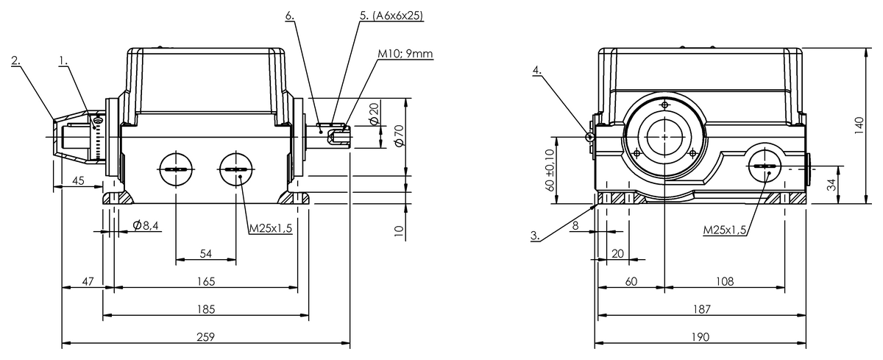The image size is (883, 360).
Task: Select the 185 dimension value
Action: (x=205, y=308)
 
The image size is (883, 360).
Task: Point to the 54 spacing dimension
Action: (x=206, y=253)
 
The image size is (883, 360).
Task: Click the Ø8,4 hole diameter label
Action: (x=146, y=225)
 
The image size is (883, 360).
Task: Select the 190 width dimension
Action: (x=701, y=336)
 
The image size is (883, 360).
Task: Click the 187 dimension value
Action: (x=701, y=308)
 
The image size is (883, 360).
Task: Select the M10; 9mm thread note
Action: (x=403, y=53)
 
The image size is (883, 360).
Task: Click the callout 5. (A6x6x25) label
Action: (x=391, y=15)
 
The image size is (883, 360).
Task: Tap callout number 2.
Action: (x=15, y=60)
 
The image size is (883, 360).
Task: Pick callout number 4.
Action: (x=537, y=70)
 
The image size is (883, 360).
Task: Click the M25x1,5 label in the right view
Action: (x=725, y=230)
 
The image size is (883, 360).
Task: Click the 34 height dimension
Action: (x=831, y=185)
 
